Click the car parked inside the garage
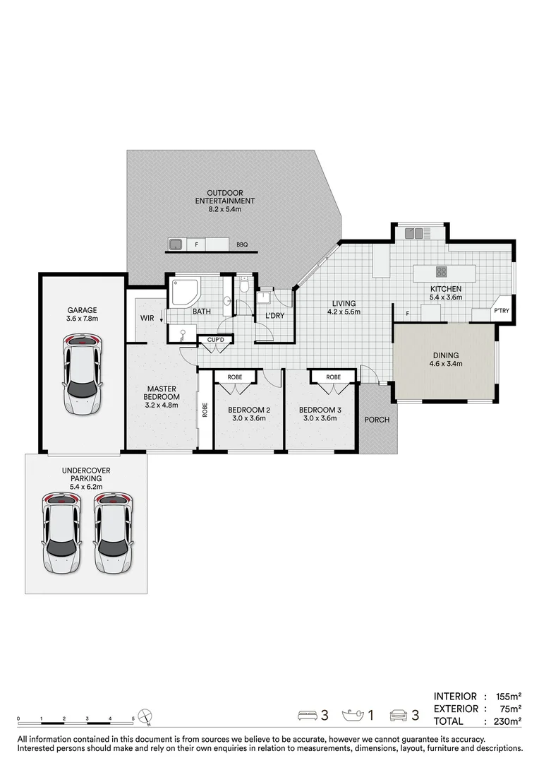[83, 374]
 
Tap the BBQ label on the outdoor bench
[242, 244]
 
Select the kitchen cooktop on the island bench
[442, 271]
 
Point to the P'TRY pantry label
[502, 310]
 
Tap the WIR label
[147, 318]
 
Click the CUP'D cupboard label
[215, 339]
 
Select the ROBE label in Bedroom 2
[235, 377]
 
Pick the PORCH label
[377, 420]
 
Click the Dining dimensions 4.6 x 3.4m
[446, 364]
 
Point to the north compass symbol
[145, 716]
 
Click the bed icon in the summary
[307, 715]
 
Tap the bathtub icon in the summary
[353, 715]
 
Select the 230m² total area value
[508, 721]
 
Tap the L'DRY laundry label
[274, 315]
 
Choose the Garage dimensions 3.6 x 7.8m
[82, 319]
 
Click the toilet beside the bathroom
[245, 284]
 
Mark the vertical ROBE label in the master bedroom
[205, 410]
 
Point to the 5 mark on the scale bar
[133, 718]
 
